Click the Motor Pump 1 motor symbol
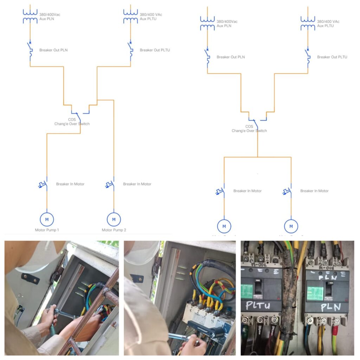(x=47, y=219)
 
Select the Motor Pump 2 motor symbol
(x=114, y=219)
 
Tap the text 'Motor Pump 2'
(x=114, y=230)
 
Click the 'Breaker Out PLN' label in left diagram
(x=53, y=50)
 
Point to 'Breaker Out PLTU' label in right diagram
(x=332, y=57)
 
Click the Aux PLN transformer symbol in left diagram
(x=30, y=16)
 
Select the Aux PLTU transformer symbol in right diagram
(x=308, y=23)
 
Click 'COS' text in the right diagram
(x=249, y=127)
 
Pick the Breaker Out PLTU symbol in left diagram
(x=131, y=50)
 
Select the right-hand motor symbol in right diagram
(x=291, y=226)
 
